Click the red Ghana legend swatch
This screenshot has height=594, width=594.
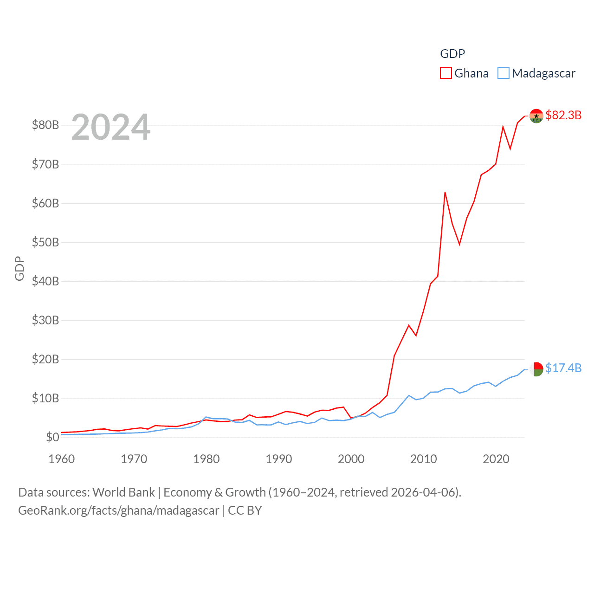446,73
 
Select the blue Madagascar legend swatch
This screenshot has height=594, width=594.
504,73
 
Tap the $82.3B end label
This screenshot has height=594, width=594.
563,115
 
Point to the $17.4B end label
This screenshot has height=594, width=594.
563,368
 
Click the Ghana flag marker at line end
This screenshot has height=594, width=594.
536,116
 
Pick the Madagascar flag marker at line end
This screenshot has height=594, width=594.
536,369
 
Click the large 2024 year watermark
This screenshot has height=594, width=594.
111,127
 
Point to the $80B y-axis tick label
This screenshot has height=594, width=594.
45,125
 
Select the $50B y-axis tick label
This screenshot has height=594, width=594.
45,242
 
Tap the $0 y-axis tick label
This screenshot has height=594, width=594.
52,437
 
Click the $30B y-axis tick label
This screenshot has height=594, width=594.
45,320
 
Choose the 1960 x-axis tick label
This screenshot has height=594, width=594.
61,459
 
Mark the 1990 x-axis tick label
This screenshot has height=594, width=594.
278,459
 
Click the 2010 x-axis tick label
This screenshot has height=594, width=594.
423,459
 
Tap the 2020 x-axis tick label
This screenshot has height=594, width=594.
496,459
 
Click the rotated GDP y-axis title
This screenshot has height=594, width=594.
19,268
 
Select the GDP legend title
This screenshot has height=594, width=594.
452,54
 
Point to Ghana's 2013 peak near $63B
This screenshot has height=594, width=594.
445,192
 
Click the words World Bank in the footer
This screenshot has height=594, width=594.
123,492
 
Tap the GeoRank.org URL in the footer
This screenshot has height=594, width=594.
118,510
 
